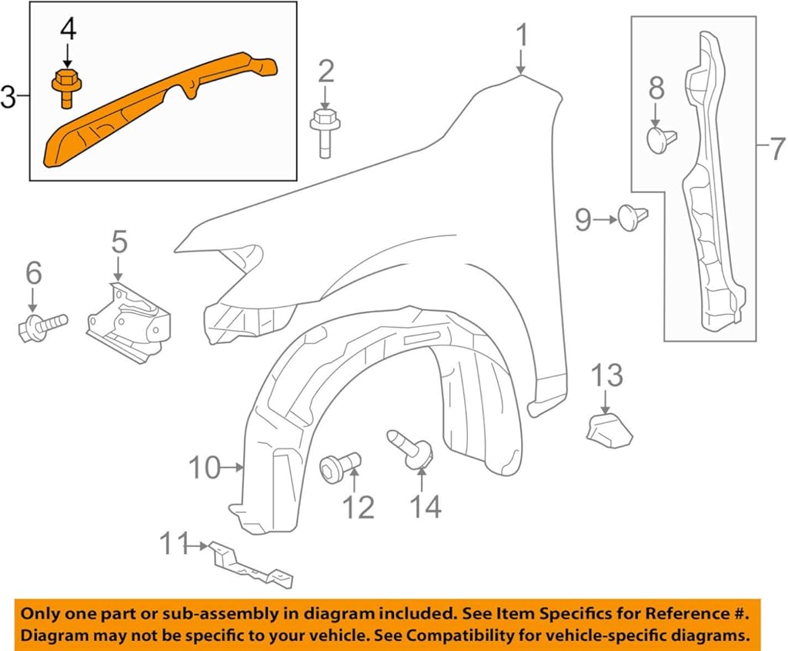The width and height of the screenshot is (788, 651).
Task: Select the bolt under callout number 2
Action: click(325, 132)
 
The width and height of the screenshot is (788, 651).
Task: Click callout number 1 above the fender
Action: click(522, 36)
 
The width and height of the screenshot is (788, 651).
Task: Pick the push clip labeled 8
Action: click(659, 140)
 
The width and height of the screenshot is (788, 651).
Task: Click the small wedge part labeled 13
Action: click(609, 429)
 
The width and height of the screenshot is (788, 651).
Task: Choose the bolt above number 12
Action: click(340, 464)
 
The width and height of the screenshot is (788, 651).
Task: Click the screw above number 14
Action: click(412, 448)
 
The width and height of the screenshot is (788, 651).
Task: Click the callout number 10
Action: click(205, 467)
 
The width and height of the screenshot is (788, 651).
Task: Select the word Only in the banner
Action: click(38, 614)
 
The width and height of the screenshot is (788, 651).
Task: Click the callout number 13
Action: click(606, 376)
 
